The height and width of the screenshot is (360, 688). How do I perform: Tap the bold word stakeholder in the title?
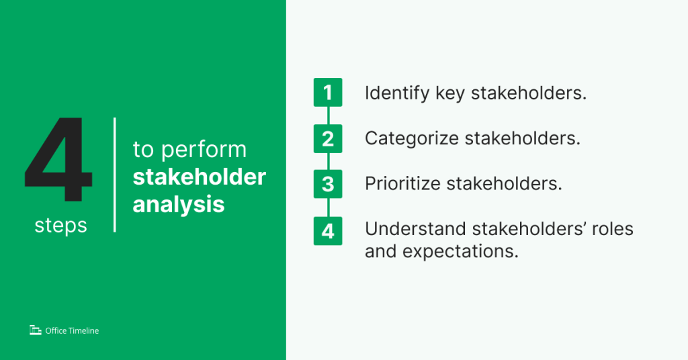pyautogui.click(x=199, y=177)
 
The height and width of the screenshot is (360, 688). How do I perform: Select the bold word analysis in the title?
pyautogui.click(x=179, y=204)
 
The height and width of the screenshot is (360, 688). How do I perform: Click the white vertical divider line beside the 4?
pyautogui.click(x=115, y=175)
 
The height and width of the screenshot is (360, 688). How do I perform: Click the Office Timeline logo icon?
pyautogui.click(x=36, y=330)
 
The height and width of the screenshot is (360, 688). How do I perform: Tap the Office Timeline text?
pyautogui.click(x=72, y=330)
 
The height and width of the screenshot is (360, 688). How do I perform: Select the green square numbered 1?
pyautogui.click(x=328, y=93)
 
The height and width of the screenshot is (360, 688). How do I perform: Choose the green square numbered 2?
pyautogui.click(x=328, y=138)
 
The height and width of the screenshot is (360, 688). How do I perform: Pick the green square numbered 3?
pyautogui.click(x=328, y=184)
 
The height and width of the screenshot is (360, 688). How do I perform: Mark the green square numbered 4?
pyautogui.click(x=328, y=230)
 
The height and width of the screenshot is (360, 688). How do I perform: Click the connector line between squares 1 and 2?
pyautogui.click(x=328, y=116)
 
